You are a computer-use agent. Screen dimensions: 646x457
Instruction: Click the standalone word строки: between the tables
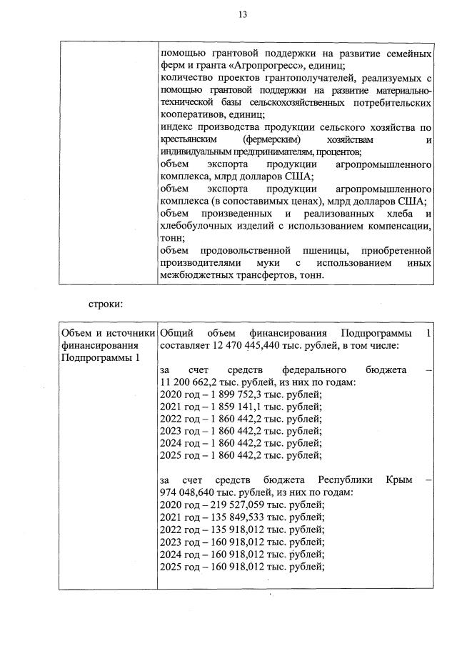(106, 304)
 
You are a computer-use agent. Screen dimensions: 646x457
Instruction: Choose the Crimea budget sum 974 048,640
(190, 492)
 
